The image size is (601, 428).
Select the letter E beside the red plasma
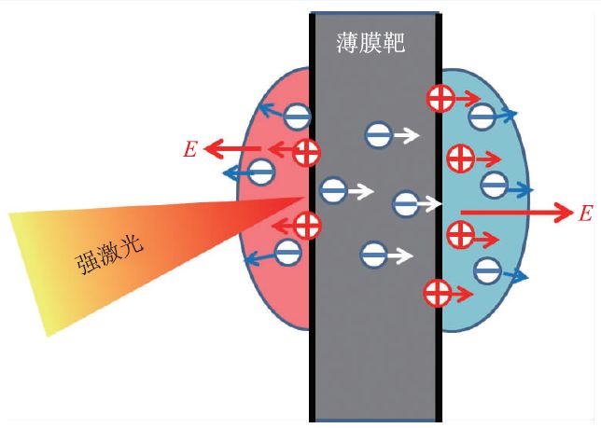click(190, 149)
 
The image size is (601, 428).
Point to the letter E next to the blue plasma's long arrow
click(585, 214)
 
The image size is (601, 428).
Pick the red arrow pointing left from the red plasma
click(233, 148)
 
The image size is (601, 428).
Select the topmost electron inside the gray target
click(379, 135)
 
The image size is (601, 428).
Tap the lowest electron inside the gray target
click(373, 253)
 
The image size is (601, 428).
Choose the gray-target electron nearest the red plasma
click(333, 190)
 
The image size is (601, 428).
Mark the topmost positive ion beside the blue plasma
click(440, 98)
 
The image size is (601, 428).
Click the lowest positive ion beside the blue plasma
click(436, 292)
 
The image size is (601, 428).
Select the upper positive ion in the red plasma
click(305, 152)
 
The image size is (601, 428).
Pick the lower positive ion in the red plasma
click(307, 224)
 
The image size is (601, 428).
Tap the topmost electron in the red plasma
click(296, 117)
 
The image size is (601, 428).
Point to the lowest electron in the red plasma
click(287, 250)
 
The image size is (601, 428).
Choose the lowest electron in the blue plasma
click(486, 271)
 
